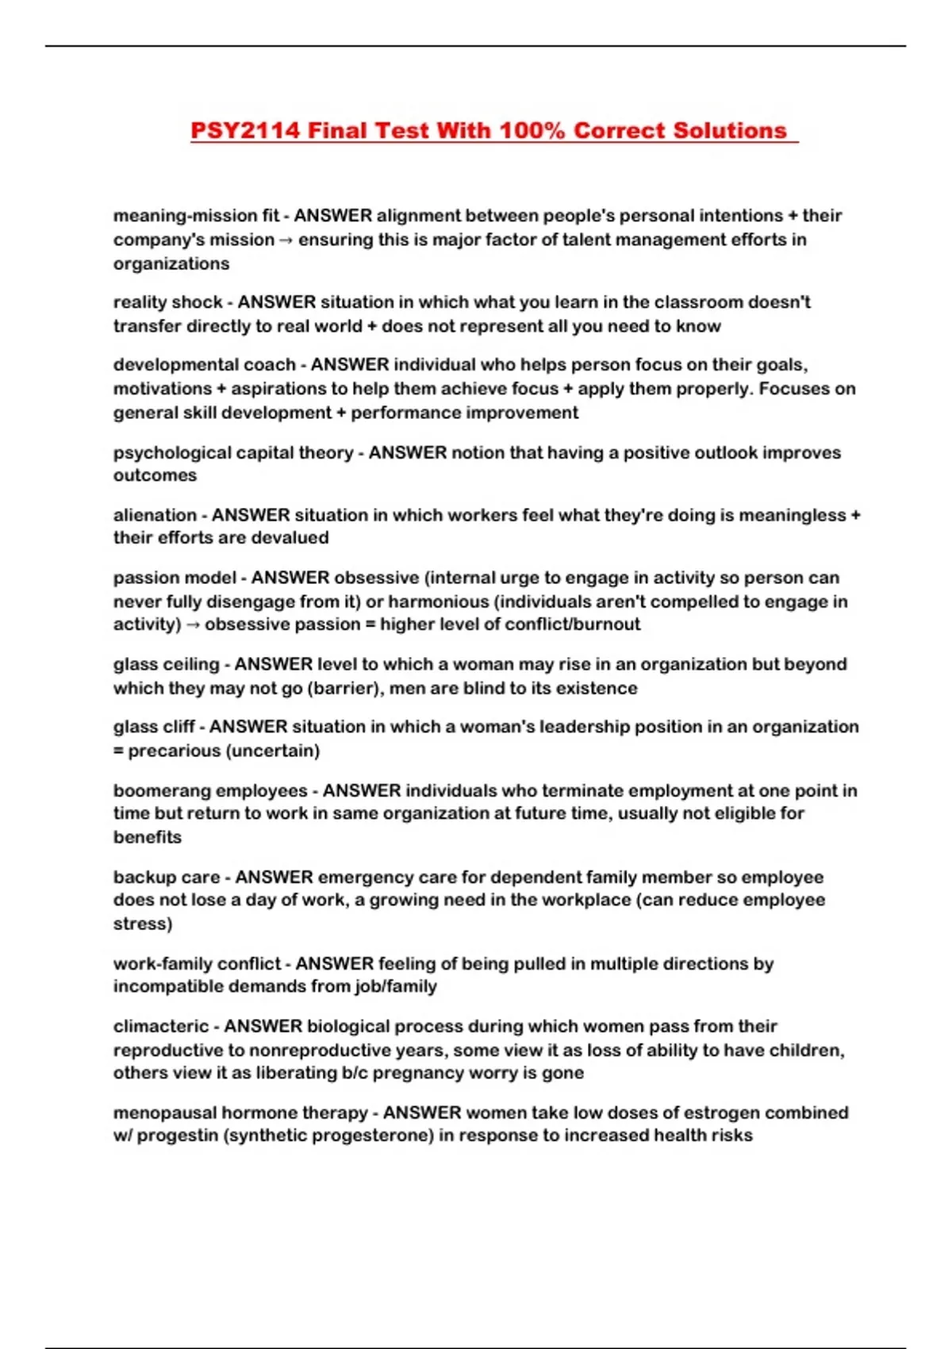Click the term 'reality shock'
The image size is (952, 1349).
pyautogui.click(x=167, y=302)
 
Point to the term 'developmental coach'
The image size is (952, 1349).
pyautogui.click(x=204, y=365)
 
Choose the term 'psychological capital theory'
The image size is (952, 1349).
pyautogui.click(x=232, y=452)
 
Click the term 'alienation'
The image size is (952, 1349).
pyautogui.click(x=155, y=515)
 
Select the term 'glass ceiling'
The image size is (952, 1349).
pyautogui.click(x=166, y=664)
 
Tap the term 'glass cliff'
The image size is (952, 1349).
pyautogui.click(x=154, y=727)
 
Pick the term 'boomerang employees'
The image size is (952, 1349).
pyautogui.click(x=210, y=790)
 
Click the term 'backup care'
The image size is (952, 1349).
pyautogui.click(x=167, y=877)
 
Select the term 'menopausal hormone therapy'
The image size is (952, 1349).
pyautogui.click(x=240, y=1113)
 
